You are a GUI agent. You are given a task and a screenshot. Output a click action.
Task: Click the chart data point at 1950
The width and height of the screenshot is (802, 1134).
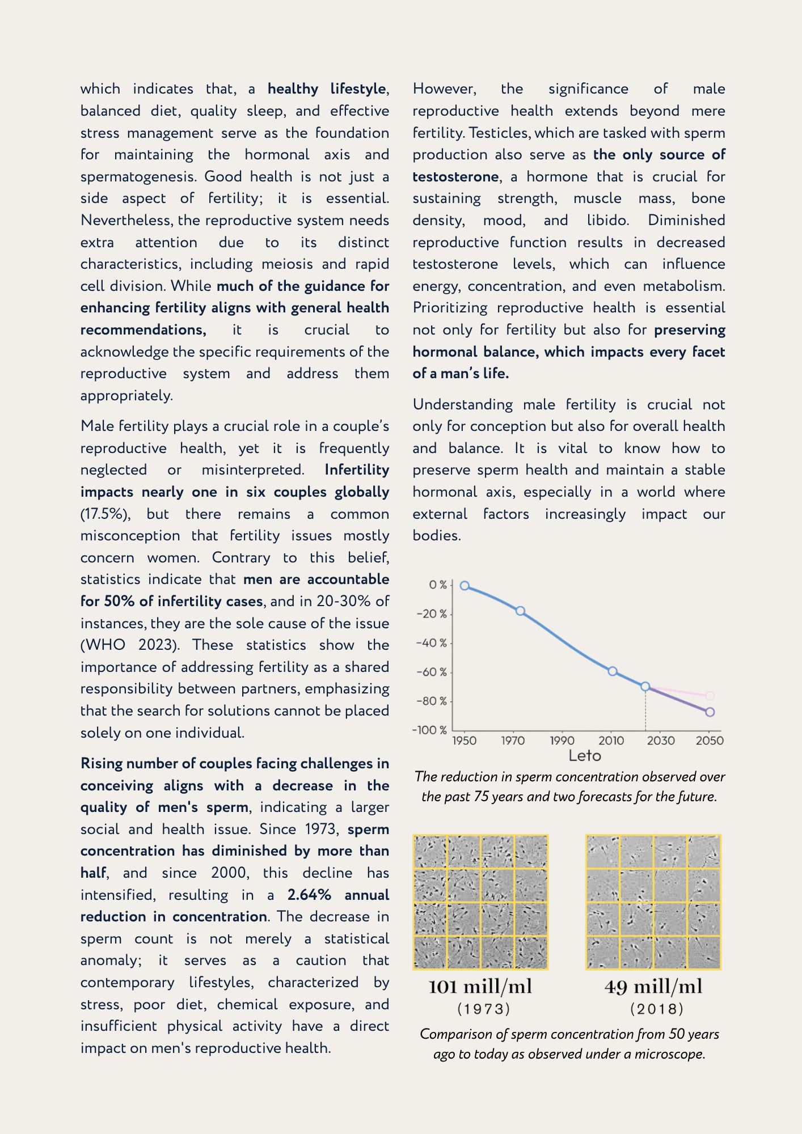click(465, 586)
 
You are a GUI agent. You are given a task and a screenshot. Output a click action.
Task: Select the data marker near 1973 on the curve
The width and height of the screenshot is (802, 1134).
click(520, 611)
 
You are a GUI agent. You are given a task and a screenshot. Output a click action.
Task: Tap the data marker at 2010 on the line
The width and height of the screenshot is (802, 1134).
click(613, 671)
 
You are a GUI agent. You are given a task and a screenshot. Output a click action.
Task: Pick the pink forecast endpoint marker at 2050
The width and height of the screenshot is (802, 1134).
click(710, 696)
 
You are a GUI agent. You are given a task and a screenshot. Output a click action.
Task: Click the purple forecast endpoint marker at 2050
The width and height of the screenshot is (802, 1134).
click(710, 712)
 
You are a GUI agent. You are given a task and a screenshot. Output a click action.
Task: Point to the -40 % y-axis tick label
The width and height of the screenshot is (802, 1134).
click(432, 643)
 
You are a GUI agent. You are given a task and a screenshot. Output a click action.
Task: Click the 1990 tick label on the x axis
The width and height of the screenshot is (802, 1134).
click(562, 741)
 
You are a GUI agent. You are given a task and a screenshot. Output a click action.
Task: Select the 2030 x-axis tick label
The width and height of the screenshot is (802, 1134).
click(661, 741)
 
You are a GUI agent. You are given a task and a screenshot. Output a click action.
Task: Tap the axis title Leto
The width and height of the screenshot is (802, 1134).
click(585, 756)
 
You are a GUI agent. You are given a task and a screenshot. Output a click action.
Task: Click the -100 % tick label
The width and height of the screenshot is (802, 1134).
click(429, 730)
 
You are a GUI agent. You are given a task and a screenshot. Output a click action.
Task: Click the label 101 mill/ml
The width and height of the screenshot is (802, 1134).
click(480, 987)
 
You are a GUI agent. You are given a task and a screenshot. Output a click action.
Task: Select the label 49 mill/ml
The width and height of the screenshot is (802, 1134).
click(653, 987)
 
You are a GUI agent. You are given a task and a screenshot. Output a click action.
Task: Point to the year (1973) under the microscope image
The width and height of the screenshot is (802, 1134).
click(484, 1009)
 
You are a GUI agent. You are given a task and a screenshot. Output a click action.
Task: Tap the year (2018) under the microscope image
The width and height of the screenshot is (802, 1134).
click(657, 1009)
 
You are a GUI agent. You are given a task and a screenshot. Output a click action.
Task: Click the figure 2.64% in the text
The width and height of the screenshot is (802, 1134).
click(309, 895)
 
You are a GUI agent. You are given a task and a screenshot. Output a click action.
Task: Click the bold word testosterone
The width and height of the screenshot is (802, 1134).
click(455, 177)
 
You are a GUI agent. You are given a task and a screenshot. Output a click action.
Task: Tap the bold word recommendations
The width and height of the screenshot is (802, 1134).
click(143, 330)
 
